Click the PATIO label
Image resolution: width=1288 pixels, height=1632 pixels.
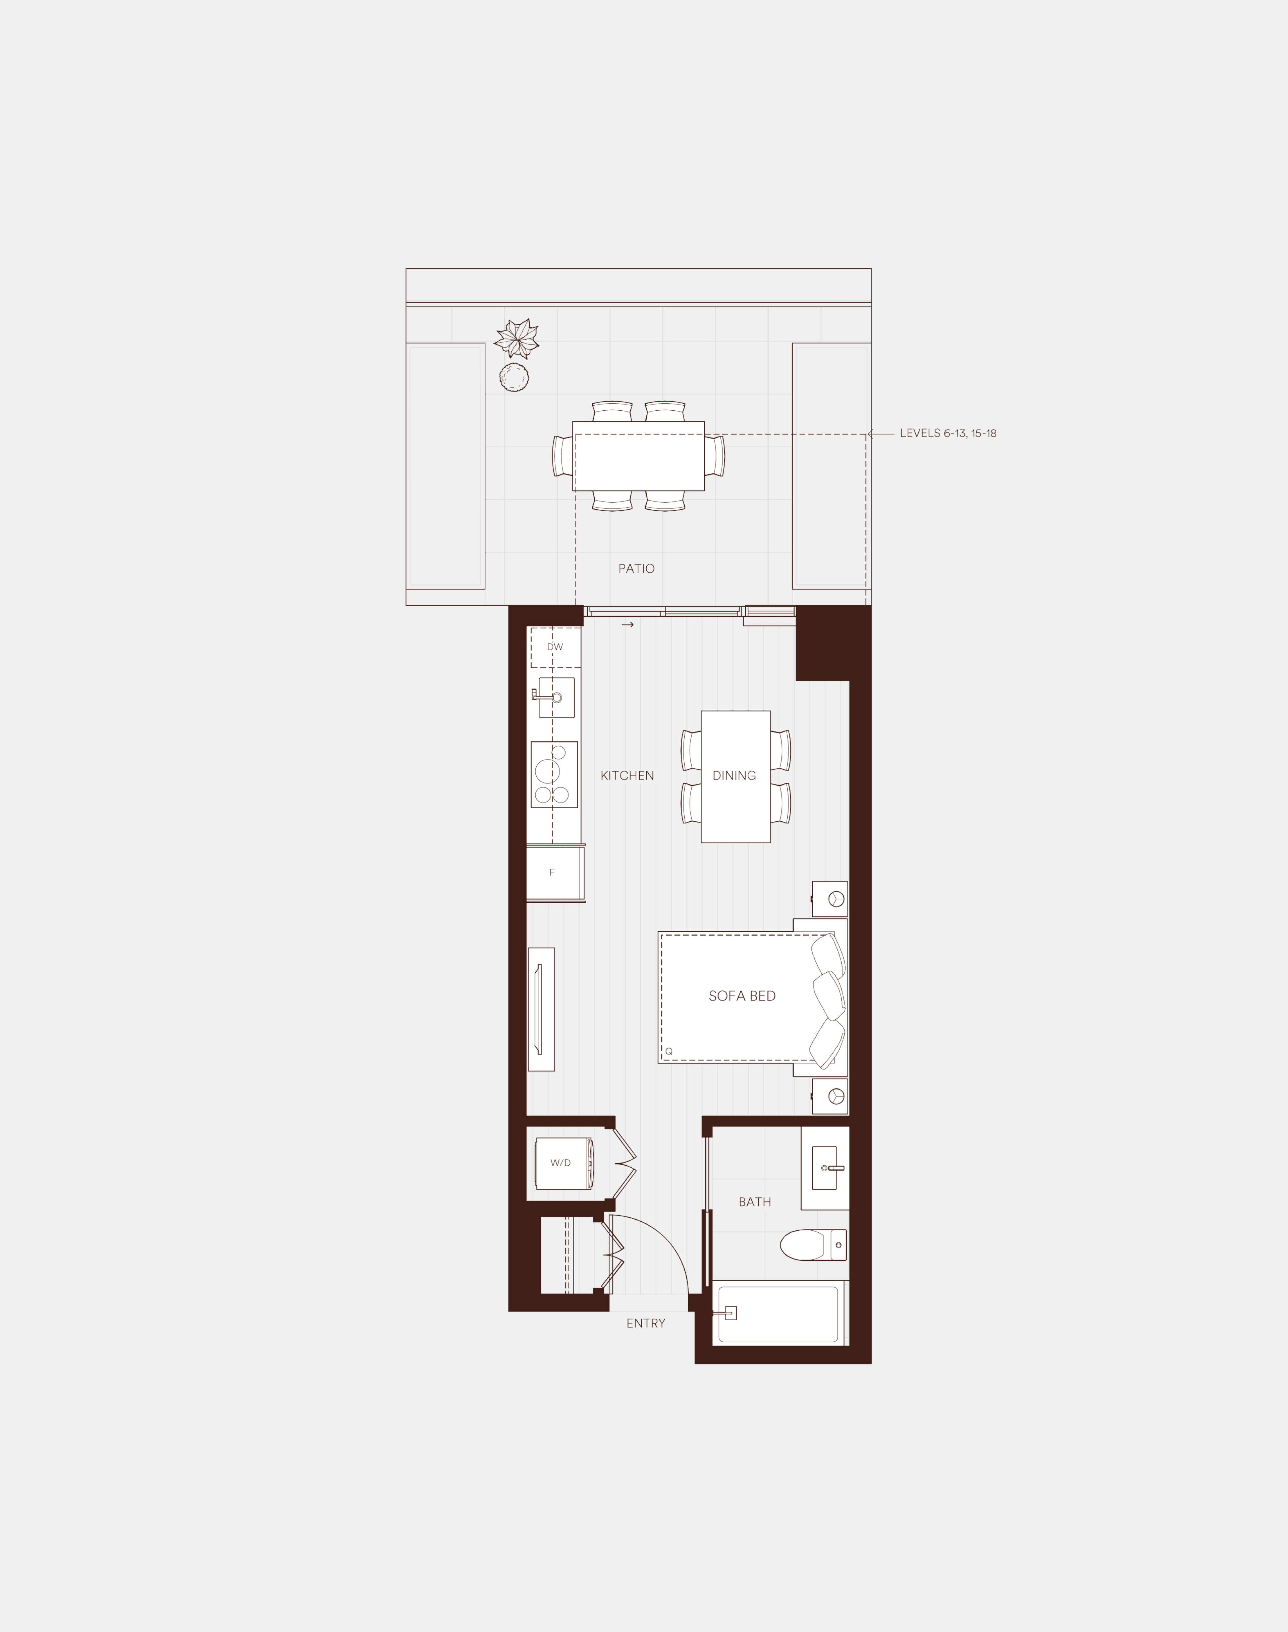point(637,569)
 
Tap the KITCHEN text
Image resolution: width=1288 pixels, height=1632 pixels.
point(628,775)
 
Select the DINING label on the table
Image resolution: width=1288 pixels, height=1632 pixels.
point(735,775)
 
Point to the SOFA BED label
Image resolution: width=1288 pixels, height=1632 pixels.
point(742,996)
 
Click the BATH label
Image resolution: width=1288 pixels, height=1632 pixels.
point(755,1202)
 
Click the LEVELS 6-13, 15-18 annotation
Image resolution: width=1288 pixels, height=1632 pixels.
point(948,433)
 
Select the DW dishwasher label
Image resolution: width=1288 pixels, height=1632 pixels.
point(555,647)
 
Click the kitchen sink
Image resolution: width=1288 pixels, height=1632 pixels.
point(556,698)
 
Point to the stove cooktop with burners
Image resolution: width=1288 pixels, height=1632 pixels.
point(554,774)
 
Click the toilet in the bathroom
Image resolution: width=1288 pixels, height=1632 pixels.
point(813,1245)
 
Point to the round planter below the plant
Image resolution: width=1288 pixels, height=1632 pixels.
point(514,377)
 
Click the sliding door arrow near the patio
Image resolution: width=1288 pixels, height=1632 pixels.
point(628,624)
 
